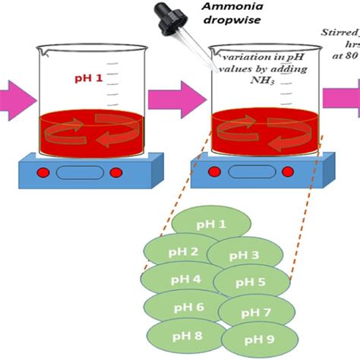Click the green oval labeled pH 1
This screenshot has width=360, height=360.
[x=211, y=225]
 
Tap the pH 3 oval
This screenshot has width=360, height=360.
[x=243, y=255]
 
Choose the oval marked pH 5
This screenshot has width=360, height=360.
[x=251, y=283]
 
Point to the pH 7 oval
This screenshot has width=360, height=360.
[x=255, y=311]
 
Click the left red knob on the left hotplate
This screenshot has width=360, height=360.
[x=43, y=172]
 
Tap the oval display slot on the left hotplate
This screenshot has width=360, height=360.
[x=80, y=172]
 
